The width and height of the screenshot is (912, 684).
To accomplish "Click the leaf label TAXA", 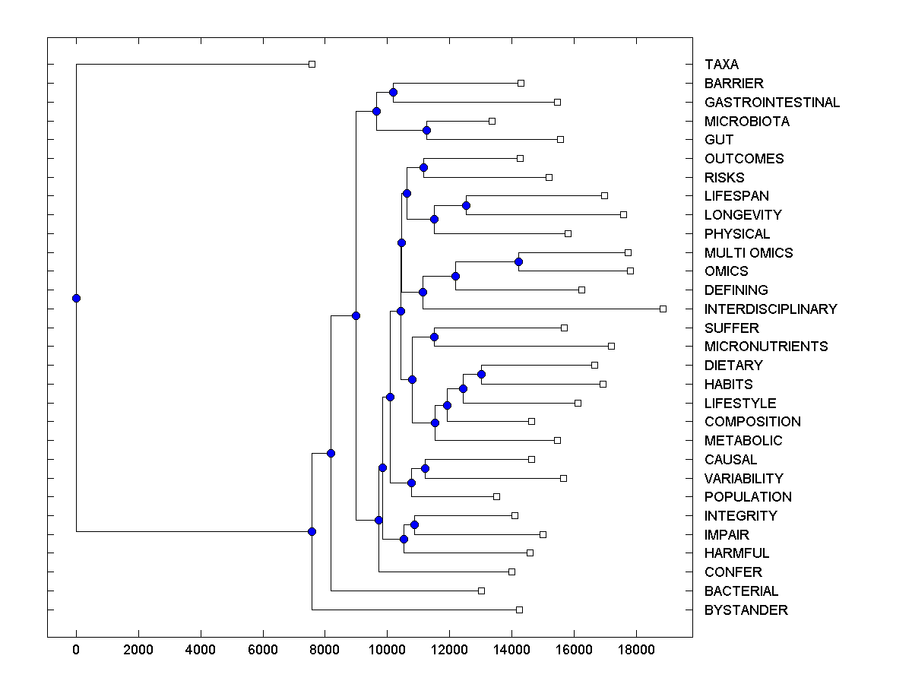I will pyautogui.click(x=721, y=65).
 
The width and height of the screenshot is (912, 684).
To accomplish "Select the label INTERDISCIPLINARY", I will pyautogui.click(x=771, y=309).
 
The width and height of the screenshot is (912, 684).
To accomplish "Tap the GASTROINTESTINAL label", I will pyautogui.click(x=772, y=103).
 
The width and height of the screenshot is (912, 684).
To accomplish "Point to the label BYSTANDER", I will pyautogui.click(x=746, y=610).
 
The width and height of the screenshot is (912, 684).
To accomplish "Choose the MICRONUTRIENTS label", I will pyautogui.click(x=766, y=347).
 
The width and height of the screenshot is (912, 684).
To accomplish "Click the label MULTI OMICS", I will pyautogui.click(x=749, y=253).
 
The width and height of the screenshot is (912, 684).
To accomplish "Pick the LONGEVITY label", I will pyautogui.click(x=743, y=215).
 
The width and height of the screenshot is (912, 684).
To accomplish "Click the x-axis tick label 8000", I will pyautogui.click(x=325, y=648).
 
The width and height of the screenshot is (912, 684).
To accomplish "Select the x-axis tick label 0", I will pyautogui.click(x=76, y=648).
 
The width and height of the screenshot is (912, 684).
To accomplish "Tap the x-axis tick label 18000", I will pyautogui.click(x=635, y=648).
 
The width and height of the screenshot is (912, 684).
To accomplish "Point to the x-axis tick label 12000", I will pyautogui.click(x=449, y=648).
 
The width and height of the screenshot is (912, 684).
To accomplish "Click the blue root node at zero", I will pyautogui.click(x=76, y=298).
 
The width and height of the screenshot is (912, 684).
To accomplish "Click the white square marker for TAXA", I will pyautogui.click(x=312, y=64).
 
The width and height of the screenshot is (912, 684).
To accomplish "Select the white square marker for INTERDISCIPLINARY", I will pyautogui.click(x=663, y=309).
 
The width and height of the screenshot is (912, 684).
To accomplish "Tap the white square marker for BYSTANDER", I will pyautogui.click(x=519, y=610).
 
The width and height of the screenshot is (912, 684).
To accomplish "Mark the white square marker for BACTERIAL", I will pyautogui.click(x=481, y=591).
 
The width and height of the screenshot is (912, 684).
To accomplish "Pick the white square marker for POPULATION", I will pyautogui.click(x=496, y=496).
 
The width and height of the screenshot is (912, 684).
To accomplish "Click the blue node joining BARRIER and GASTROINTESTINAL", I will pyautogui.click(x=393, y=93).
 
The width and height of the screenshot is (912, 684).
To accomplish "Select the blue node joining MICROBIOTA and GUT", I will pyautogui.click(x=426, y=131).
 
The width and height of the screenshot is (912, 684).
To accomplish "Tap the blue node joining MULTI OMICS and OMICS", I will pyautogui.click(x=518, y=262).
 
